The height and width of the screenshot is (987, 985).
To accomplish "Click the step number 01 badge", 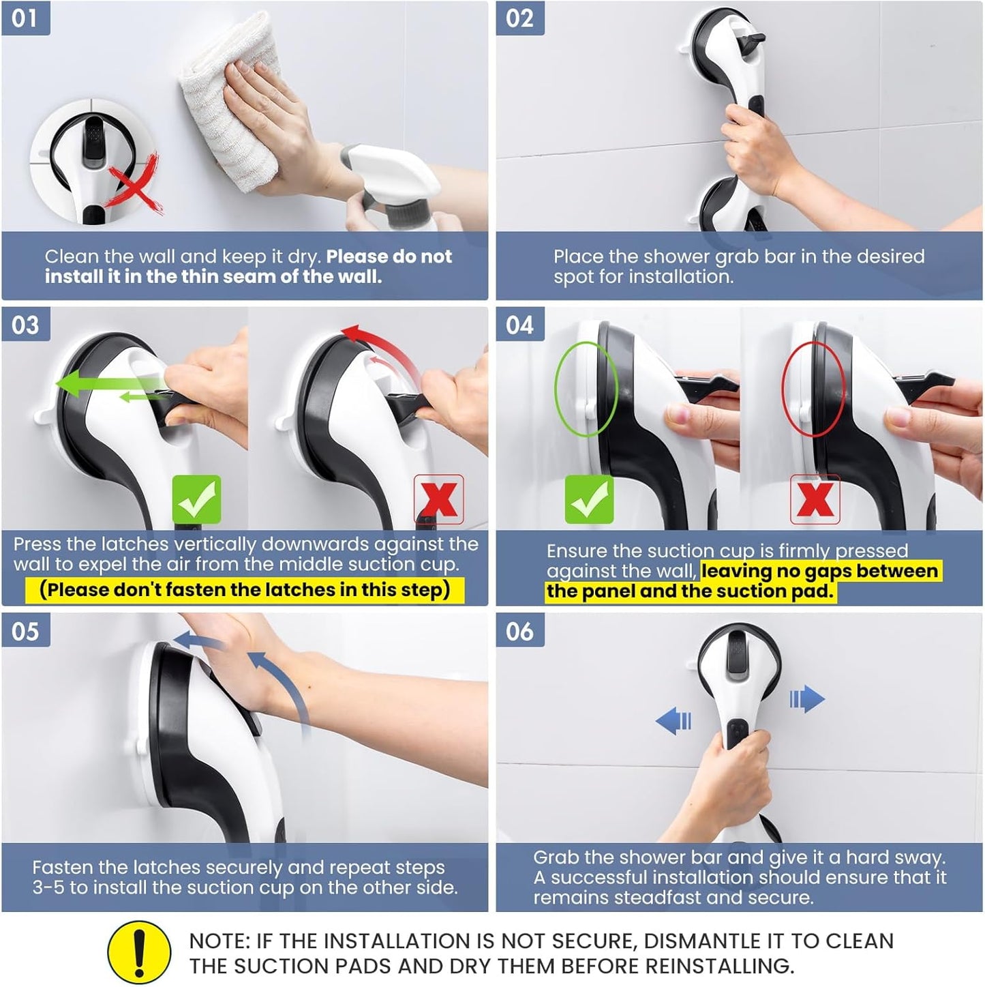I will (25, 18).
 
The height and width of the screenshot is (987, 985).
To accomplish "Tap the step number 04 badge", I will (519, 325).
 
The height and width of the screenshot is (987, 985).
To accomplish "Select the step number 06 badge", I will (519, 631).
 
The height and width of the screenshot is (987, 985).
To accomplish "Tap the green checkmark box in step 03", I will (196, 499).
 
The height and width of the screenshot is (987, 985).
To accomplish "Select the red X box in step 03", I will (439, 499).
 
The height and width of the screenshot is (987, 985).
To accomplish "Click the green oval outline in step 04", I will (586, 389).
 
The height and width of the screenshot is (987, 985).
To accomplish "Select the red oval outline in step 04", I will (813, 389).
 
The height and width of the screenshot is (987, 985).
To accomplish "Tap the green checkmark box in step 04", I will (589, 499).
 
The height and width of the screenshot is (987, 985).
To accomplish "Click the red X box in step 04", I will (815, 499).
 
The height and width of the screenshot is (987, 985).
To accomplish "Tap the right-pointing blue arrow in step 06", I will (807, 699).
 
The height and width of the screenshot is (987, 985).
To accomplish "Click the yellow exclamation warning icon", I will (139, 952).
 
